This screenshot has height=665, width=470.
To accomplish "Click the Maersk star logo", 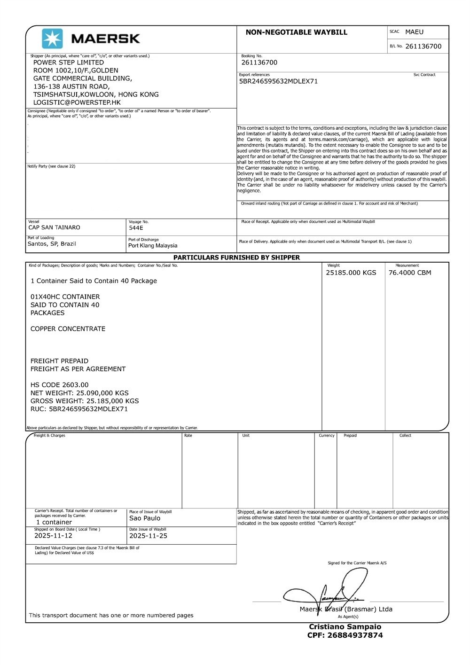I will pyautogui.click(x=52, y=39).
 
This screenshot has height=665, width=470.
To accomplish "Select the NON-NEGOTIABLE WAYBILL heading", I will pyautogui.click(x=296, y=32).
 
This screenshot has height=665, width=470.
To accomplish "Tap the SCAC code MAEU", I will pyautogui.click(x=414, y=32).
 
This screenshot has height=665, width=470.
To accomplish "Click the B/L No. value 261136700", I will pyautogui.click(x=423, y=46).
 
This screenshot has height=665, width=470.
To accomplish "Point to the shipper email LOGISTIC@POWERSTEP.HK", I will pyautogui.click(x=77, y=102).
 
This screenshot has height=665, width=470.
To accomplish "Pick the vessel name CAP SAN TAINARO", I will pyautogui.click(x=54, y=227).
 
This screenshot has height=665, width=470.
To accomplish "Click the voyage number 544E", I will pyautogui.click(x=136, y=228).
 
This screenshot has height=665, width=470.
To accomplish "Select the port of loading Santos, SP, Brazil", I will pyautogui.click(x=52, y=244).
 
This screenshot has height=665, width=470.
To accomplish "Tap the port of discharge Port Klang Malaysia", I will pyautogui.click(x=153, y=245).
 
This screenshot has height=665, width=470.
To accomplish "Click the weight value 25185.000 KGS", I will pyautogui.click(x=351, y=273).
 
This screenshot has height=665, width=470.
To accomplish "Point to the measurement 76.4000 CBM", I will pyautogui.click(x=409, y=273).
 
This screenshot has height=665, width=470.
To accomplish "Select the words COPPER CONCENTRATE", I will pyautogui.click(x=68, y=329).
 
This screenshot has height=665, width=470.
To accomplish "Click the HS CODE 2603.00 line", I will pyautogui.click(x=59, y=385).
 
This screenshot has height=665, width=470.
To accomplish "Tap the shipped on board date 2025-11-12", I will pyautogui.click(x=53, y=536).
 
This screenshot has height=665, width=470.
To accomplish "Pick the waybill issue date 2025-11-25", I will pyautogui.click(x=148, y=536).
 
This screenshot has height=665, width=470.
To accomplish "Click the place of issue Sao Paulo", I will pyautogui.click(x=145, y=518).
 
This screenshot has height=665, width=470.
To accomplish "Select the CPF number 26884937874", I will pyautogui.click(x=345, y=635).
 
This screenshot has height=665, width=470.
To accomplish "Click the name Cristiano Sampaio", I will pyautogui.click(x=345, y=627).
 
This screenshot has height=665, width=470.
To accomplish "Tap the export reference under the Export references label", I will pyautogui.click(x=278, y=81).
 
